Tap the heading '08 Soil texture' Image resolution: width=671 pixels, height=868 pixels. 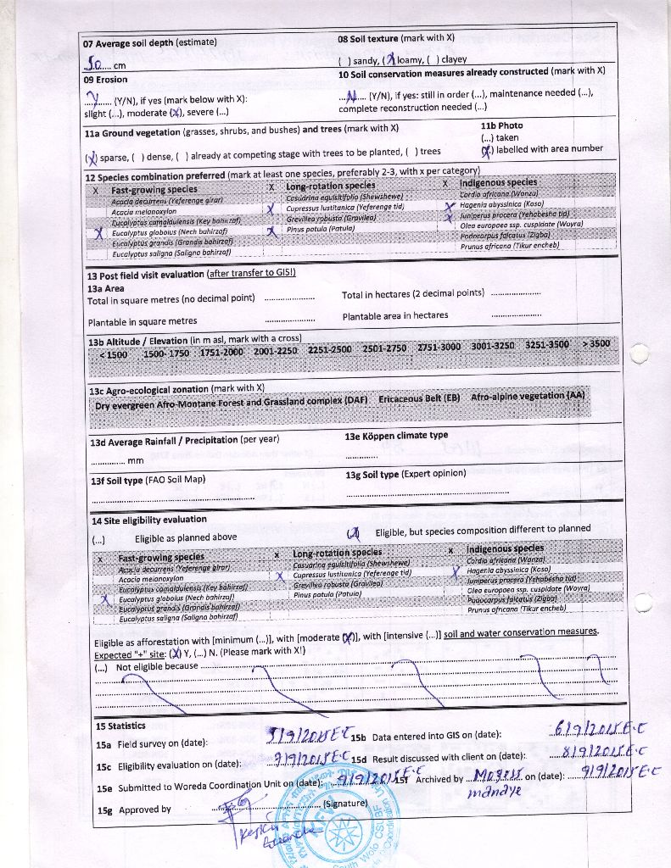point(367,39)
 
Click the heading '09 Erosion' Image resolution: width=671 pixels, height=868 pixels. point(106,80)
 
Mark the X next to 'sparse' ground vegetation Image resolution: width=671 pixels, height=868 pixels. point(92,156)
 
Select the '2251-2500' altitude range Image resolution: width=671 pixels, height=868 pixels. point(329,348)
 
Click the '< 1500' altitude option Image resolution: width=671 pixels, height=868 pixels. point(113,354)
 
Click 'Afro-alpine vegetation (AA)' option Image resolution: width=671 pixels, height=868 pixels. point(528,397)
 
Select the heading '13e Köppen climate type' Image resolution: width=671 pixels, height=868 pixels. point(396,437)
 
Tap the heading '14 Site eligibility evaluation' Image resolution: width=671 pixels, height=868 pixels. point(149,520)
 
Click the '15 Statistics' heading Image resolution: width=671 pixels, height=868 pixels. point(120,726)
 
